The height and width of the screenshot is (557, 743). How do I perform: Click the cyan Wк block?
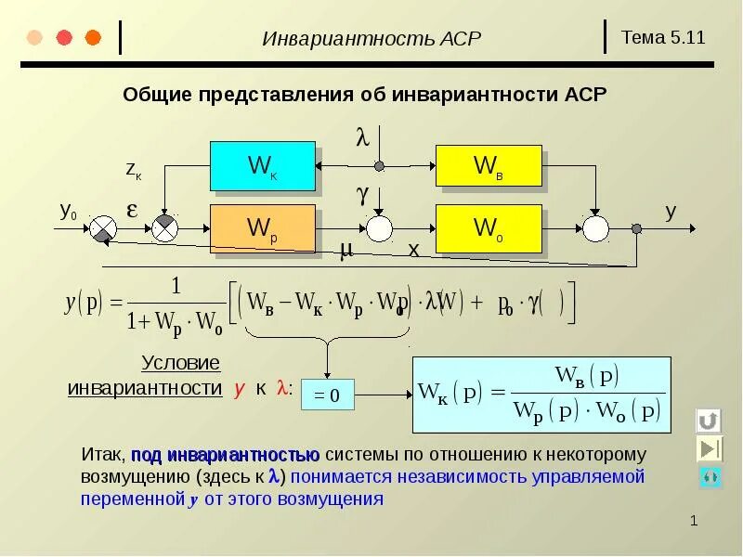pyautogui.click(x=262, y=166)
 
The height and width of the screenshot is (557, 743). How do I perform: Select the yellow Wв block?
pyautogui.click(x=488, y=165)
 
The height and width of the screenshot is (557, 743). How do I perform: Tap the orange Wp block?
pyautogui.click(x=262, y=227)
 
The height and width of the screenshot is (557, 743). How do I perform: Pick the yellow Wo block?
pyautogui.click(x=488, y=227)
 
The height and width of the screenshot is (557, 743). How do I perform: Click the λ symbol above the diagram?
pyautogui.click(x=362, y=138)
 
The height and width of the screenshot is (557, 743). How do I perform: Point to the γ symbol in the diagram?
pyautogui.click(x=362, y=194)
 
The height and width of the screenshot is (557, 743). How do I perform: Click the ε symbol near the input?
pyautogui.click(x=132, y=210)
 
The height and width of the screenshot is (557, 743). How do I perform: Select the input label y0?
pyautogui.click(x=69, y=212)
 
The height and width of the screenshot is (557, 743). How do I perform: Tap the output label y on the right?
pyautogui.click(x=670, y=211)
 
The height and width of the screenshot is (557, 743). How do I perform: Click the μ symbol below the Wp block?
pyautogui.click(x=345, y=250)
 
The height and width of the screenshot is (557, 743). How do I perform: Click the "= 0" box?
pyautogui.click(x=326, y=396)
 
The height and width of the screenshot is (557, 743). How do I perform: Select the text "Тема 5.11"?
pyautogui.click(x=663, y=38)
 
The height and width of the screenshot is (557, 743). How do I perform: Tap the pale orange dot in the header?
pyautogui.click(x=35, y=38)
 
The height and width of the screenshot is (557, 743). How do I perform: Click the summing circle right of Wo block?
pyautogui.click(x=594, y=227)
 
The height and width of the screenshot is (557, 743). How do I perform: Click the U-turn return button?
pyautogui.click(x=709, y=421)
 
